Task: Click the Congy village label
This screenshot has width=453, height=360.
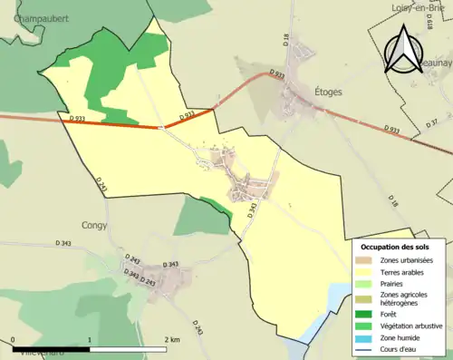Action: tap(94, 225)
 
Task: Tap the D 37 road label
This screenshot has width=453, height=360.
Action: tap(433, 122)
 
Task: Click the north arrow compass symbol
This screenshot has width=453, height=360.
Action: tap(400, 49)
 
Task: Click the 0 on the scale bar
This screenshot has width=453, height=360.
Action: tap(14, 339)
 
